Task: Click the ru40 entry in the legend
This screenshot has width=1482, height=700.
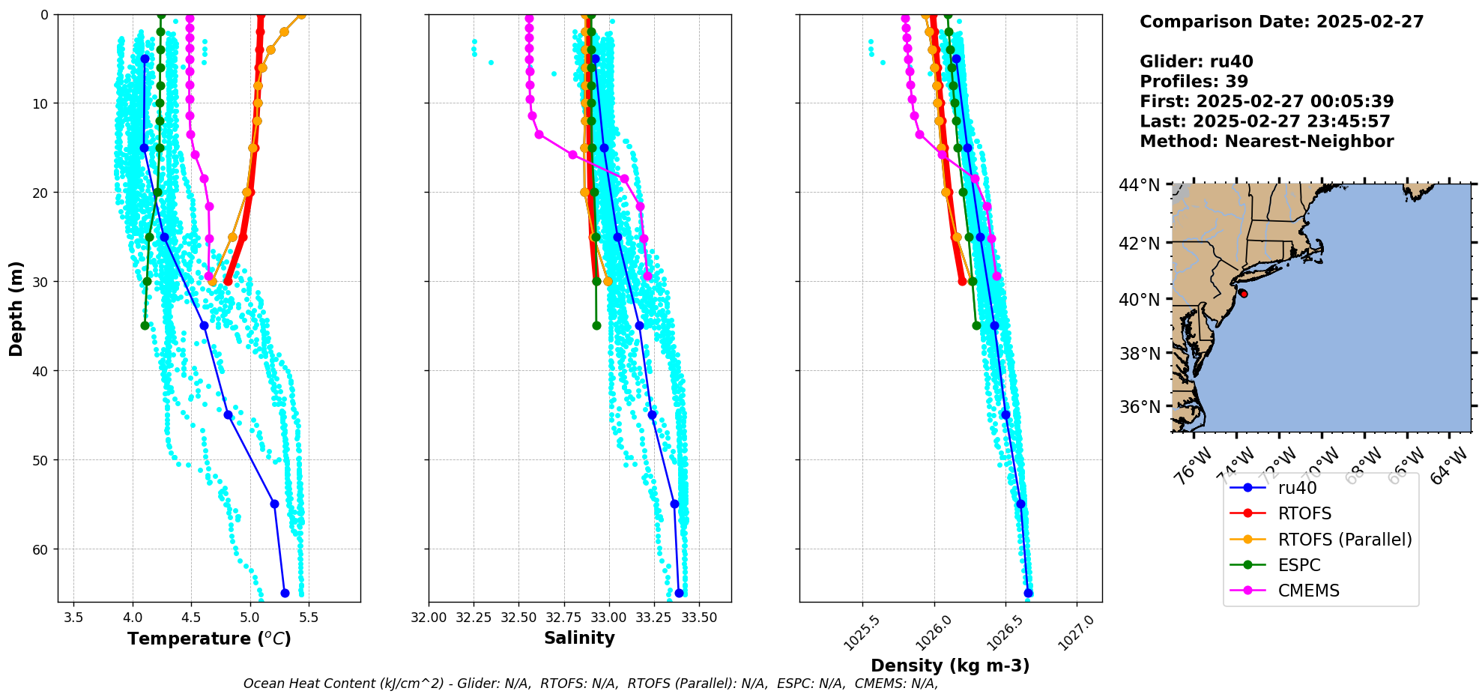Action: click(1297, 489)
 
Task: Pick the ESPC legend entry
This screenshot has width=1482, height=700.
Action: click(1299, 565)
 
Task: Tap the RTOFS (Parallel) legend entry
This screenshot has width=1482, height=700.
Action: click(1344, 540)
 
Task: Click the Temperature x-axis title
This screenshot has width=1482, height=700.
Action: click(209, 639)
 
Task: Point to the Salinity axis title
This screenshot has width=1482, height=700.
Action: click(579, 639)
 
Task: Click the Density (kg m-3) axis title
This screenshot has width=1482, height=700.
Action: click(949, 666)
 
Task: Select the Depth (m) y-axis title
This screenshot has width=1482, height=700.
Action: click(16, 308)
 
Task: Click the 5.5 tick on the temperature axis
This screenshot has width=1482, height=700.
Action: click(309, 618)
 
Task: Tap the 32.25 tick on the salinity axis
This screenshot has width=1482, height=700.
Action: click(474, 618)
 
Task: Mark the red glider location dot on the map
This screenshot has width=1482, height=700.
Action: click(1243, 294)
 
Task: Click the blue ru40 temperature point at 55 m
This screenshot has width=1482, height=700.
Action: click(274, 504)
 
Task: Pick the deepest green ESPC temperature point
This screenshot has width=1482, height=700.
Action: click(145, 325)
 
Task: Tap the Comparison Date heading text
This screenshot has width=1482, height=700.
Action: click(1281, 22)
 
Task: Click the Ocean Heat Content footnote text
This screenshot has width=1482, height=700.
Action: click(590, 684)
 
